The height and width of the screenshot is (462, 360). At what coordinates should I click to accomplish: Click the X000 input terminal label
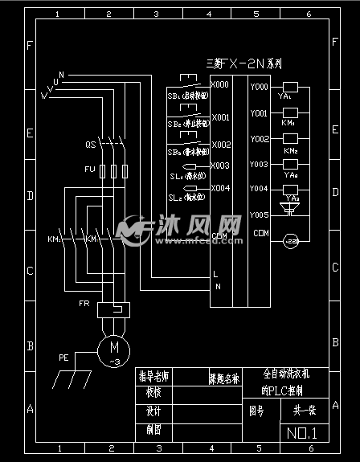click(219, 84)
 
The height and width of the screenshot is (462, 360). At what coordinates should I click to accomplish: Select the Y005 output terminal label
click(259, 215)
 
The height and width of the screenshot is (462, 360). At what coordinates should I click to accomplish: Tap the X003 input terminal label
click(219, 166)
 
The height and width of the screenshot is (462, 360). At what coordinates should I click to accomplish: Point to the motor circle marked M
click(113, 348)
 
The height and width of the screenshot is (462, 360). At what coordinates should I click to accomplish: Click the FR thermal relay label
click(84, 304)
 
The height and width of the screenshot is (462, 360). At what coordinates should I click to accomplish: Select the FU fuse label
click(89, 170)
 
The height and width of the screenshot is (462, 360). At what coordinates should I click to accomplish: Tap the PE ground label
click(63, 357)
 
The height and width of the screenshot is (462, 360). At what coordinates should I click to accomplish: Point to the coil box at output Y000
click(290, 87)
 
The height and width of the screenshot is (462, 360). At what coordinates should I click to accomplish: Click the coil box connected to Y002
click(290, 140)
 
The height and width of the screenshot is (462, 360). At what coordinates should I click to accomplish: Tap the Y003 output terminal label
click(259, 165)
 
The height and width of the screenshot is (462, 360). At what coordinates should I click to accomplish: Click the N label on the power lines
click(61, 75)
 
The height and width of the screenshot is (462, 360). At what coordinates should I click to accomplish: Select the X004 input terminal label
click(219, 188)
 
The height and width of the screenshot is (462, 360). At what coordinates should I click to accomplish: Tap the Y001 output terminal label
click(259, 114)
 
